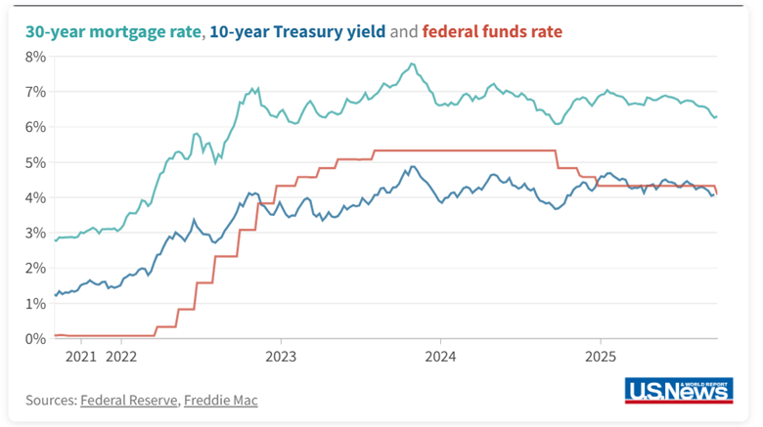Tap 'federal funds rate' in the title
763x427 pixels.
pyautogui.click(x=492, y=31)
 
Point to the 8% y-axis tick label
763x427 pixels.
pyautogui.click(x=35, y=57)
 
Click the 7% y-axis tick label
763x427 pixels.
pyautogui.click(x=35, y=92)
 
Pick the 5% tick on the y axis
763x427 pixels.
pyautogui.click(x=35, y=162)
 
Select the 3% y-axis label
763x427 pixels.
pyautogui.click(x=35, y=233)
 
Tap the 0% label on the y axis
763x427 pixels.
pyautogui.click(x=35, y=338)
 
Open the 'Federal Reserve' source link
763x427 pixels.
pyautogui.click(x=130, y=400)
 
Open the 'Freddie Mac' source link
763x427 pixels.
pyautogui.click(x=221, y=400)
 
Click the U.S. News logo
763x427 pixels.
pyautogui.click(x=678, y=390)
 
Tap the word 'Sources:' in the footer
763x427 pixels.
pyautogui.click(x=51, y=400)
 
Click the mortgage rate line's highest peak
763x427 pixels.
pyautogui.click(x=413, y=64)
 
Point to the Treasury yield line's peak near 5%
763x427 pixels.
pyautogui.click(x=413, y=166)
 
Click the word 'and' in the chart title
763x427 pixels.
pyautogui.click(x=403, y=31)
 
